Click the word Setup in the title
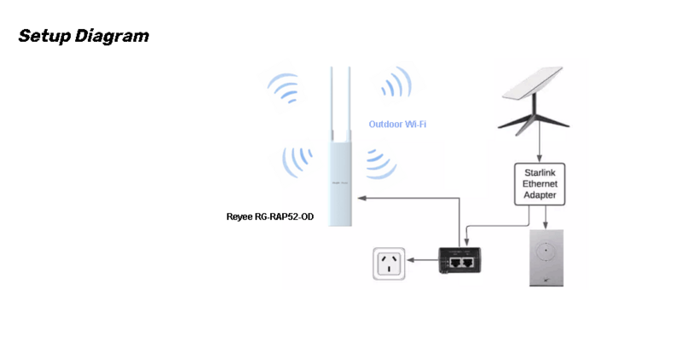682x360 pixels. pos(44,36)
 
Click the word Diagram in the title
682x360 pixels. pos(112,37)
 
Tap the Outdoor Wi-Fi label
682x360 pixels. pos(397,124)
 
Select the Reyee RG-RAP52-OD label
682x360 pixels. pos(269,217)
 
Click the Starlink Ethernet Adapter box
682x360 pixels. pos(540,184)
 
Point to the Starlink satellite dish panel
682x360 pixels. pos(532,83)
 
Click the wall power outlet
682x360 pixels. pos(389,264)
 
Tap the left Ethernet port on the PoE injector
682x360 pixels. pos(455,263)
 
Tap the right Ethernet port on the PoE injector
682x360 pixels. pos(467,263)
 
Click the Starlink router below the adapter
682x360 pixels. pos(546,258)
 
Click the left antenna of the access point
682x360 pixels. pos(332,102)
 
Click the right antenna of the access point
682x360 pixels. pos(349,102)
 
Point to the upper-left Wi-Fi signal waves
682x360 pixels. pos(284,87)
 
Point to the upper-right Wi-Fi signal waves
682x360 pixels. pos(397,82)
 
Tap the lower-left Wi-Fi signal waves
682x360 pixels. pos(297,162)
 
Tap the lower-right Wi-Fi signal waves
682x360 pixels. pos(380,165)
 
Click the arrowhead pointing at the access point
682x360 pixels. pos(361,198)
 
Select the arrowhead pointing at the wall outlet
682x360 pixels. pos(411,260)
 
